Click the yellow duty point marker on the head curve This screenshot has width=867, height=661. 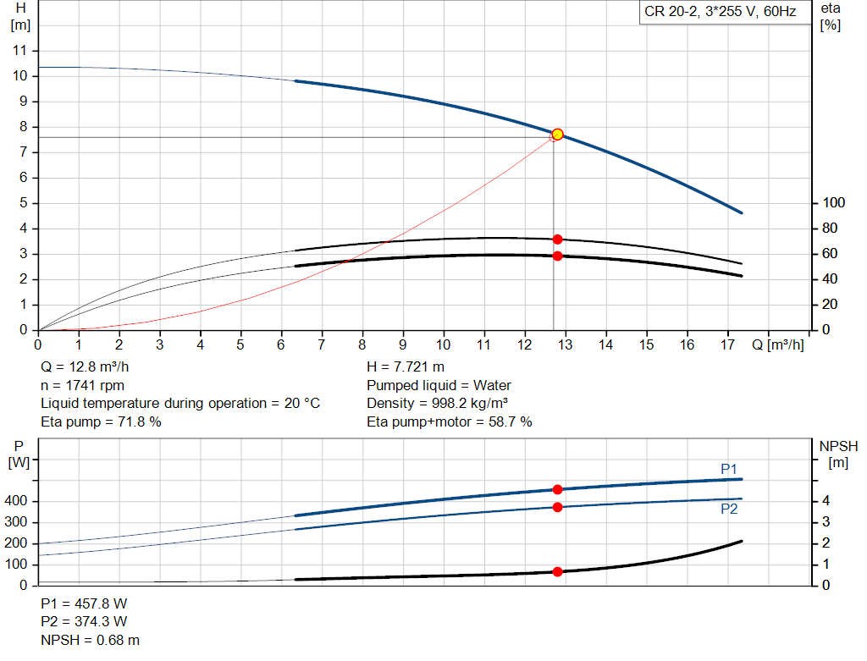pyautogui.click(x=557, y=135)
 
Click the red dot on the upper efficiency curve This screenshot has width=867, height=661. pyautogui.click(x=557, y=240)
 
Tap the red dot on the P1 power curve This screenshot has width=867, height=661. pyautogui.click(x=557, y=489)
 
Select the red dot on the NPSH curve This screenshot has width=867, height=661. pyautogui.click(x=557, y=572)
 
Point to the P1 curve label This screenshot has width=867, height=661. pyautogui.click(x=729, y=469)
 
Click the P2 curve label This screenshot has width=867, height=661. pyautogui.click(x=729, y=509)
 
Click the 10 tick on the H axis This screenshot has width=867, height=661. pyautogui.click(x=22, y=76)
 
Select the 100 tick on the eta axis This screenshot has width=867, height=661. pyautogui.click(x=834, y=203)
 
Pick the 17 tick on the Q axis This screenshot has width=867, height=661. pyautogui.click(x=727, y=344)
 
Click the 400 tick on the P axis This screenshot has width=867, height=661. pyautogui.click(x=19, y=501)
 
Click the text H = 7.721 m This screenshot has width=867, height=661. pyautogui.click(x=406, y=366)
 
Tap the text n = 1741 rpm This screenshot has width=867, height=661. pyautogui.click(x=83, y=385)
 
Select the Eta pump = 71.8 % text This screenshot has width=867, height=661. pyautogui.click(x=101, y=421)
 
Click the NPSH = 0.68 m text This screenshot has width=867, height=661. pyautogui.click(x=91, y=640)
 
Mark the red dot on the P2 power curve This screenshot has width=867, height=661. pyautogui.click(x=557, y=507)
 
